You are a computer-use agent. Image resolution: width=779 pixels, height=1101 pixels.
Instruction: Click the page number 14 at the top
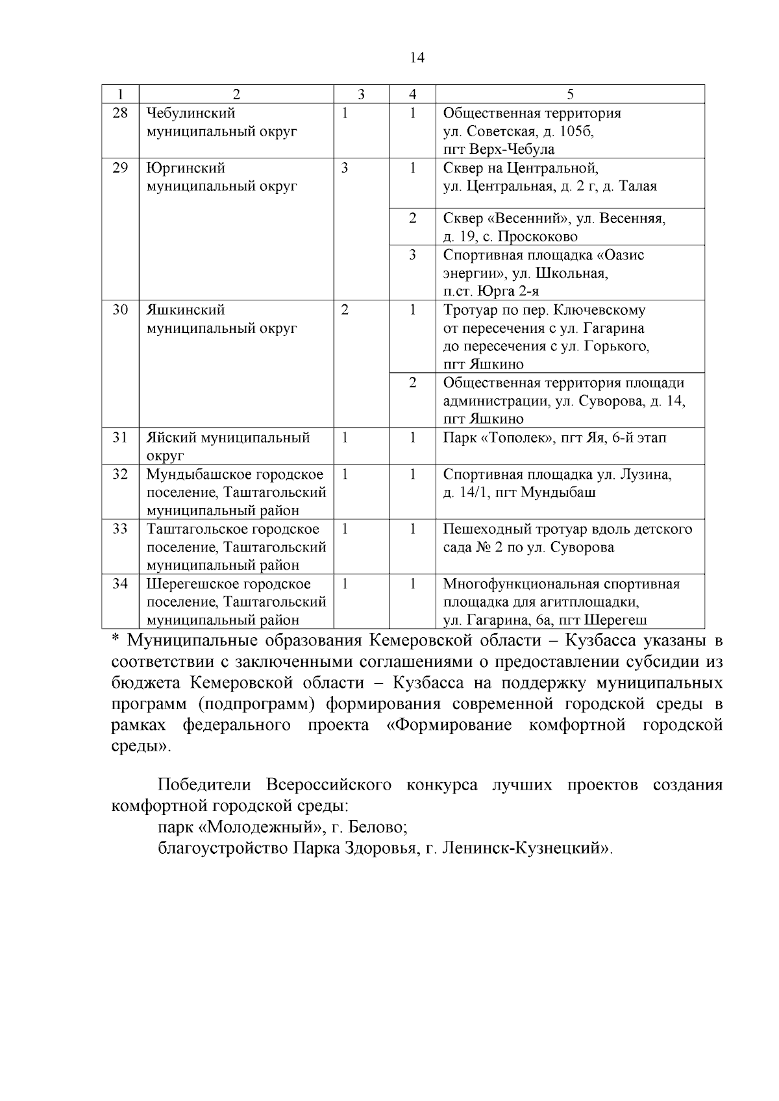pos(417,58)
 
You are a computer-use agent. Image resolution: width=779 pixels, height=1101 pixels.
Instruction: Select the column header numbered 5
pos(569,94)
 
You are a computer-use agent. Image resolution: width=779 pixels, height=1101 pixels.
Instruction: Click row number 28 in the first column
pos(120,113)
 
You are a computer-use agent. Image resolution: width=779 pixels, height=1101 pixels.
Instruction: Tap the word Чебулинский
pos(190,113)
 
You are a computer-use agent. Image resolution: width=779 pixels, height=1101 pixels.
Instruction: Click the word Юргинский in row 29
pos(186,168)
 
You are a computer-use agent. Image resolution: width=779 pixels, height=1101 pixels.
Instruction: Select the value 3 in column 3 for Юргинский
pos(345,168)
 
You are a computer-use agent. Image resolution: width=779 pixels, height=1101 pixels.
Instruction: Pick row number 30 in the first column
pos(120,309)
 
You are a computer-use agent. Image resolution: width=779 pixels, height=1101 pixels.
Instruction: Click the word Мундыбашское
pos(193,474)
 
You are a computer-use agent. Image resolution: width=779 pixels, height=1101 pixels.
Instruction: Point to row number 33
pos(120,529)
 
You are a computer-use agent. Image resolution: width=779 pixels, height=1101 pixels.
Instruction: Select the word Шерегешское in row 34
pos(191,584)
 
